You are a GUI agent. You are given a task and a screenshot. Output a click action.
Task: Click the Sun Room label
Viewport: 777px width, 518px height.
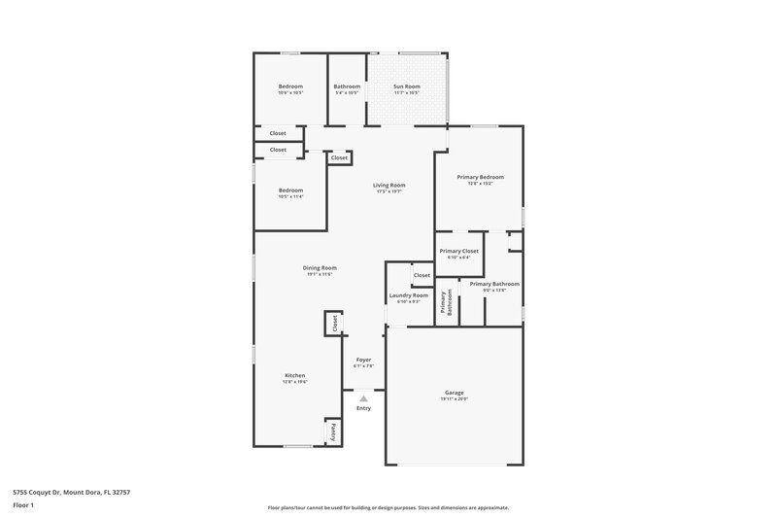pos(406,86)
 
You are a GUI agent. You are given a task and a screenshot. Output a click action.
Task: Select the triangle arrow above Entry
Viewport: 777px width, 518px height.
pos(363,398)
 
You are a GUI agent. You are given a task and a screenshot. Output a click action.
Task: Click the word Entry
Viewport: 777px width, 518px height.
pos(363,408)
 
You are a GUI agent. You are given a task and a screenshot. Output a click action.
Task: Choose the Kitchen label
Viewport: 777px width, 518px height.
pos(294,375)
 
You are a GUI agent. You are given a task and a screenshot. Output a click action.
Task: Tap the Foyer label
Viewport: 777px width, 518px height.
pos(363,360)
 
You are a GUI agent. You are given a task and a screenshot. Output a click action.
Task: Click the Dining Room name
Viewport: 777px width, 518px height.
pos(320,267)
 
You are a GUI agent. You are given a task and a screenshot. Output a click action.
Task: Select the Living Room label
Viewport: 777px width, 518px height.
pos(389,185)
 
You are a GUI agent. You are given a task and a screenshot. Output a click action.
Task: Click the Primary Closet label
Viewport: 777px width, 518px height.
pos(458,252)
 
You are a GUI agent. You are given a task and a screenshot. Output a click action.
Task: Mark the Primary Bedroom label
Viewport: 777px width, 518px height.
pos(480,177)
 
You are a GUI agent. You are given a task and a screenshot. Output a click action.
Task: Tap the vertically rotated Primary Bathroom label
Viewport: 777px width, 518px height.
pos(447,305)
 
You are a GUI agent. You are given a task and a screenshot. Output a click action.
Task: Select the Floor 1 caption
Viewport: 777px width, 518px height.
pos(22,506)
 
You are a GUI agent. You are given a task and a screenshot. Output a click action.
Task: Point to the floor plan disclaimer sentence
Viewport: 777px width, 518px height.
pos(388,507)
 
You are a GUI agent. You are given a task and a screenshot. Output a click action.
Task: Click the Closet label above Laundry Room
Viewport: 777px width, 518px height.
pos(422,275)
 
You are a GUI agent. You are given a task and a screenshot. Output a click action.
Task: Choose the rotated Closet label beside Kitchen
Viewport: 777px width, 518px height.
pos(334,324)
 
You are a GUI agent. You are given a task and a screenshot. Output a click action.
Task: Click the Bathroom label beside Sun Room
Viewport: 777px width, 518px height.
pos(347,86)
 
